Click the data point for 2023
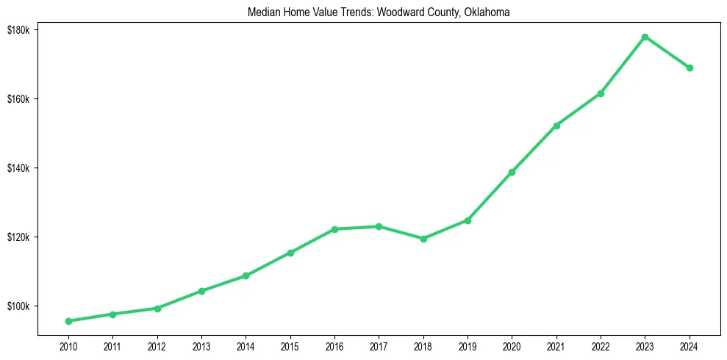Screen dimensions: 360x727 coord(645,37)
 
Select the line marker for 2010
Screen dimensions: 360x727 coord(68,321)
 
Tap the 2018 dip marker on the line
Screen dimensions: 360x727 coord(423,239)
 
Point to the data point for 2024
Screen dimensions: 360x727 coord(690,68)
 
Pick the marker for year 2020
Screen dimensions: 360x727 coord(512,172)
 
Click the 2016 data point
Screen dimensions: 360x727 coord(334,229)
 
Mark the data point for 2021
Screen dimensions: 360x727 coord(556,126)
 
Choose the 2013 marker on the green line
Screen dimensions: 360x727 coord(201,291)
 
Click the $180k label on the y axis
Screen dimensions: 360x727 coord(18,29)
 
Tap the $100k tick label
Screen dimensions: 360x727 coord(18,306)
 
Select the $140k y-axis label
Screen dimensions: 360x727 coord(18,168)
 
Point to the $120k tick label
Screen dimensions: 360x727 coord(18,237)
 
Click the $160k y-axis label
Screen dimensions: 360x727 coord(18,99)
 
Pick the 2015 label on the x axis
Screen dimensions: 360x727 coord(290,346)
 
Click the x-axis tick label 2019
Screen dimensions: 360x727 coord(468,346)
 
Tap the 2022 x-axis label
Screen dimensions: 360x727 coord(601,346)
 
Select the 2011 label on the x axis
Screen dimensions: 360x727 coord(112,346)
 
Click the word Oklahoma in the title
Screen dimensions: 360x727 coord(487,12)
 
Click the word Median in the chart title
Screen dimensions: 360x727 coord(264,12)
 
